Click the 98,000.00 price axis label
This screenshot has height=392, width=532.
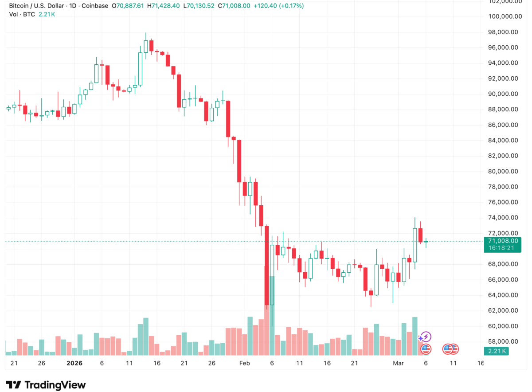503,32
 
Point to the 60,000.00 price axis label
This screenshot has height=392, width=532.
503,326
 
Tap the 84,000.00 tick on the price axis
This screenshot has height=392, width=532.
503,141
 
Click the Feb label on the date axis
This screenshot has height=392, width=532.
244,363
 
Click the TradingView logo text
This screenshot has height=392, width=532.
55,385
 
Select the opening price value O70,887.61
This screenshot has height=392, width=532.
129,6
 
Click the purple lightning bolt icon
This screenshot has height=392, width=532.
426,337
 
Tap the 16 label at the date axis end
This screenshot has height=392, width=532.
481,363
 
